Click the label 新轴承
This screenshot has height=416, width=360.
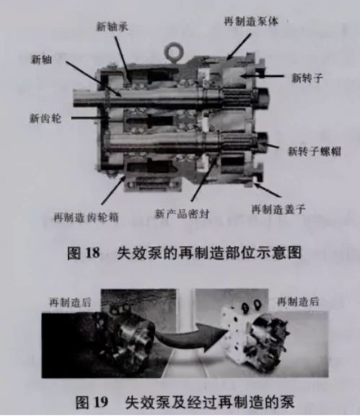pyautogui.click(x=113, y=27)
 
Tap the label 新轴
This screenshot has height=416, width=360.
pyautogui.click(x=41, y=59)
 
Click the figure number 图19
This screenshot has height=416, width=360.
pyautogui.click(x=87, y=398)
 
